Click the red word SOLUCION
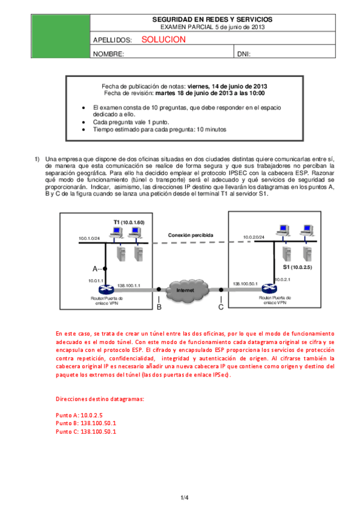(163, 40)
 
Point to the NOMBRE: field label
(109, 54)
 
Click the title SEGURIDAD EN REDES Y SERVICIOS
(213, 20)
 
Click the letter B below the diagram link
(159, 307)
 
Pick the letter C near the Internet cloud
(221, 307)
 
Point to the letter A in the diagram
(95, 268)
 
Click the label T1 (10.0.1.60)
(130, 223)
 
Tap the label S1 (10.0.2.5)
(297, 265)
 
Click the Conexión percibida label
(191, 235)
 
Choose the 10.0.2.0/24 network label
(255, 237)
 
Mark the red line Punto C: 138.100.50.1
(85, 431)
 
